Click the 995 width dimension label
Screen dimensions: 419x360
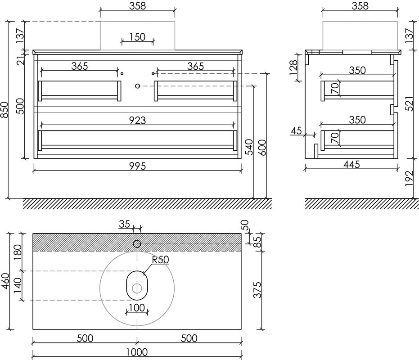click(x=137, y=166)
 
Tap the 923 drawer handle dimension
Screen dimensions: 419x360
click(x=137, y=121)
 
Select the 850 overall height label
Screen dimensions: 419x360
click(x=5, y=110)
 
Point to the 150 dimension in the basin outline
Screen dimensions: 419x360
click(x=137, y=37)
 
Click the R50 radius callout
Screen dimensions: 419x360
click(x=160, y=260)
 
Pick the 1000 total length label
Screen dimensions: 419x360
click(x=137, y=352)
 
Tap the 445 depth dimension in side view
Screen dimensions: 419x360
click(x=351, y=164)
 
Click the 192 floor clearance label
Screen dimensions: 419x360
click(x=410, y=179)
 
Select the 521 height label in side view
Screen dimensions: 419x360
click(x=410, y=103)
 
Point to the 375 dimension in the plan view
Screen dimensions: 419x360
click(x=257, y=290)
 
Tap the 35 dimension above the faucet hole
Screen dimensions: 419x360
click(x=124, y=224)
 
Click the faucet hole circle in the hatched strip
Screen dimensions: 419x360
click(x=137, y=244)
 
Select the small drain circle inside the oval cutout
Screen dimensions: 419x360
click(x=137, y=288)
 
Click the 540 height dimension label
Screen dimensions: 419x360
click(x=249, y=147)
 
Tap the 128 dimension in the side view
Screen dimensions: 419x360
click(x=293, y=68)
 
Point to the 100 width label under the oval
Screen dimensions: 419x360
click(x=137, y=308)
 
